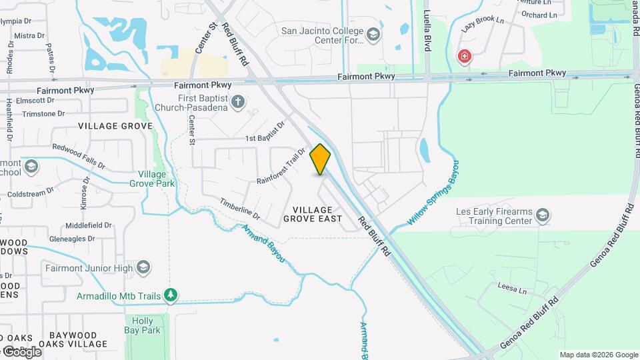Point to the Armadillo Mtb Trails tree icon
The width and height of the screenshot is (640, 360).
[171, 295]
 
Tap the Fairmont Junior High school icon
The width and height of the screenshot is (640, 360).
[143, 268]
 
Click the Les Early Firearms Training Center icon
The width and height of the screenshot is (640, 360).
[543, 215]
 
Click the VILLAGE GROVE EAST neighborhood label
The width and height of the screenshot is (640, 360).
[313, 214]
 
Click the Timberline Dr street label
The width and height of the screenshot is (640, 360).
[239, 209]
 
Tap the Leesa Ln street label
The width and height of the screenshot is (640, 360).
[512, 288]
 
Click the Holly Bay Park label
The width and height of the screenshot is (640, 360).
[142, 325]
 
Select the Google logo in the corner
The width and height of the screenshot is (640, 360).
[22, 352]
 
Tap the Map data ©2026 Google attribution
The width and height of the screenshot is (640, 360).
[598, 355]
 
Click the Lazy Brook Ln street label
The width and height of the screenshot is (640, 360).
[483, 25]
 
